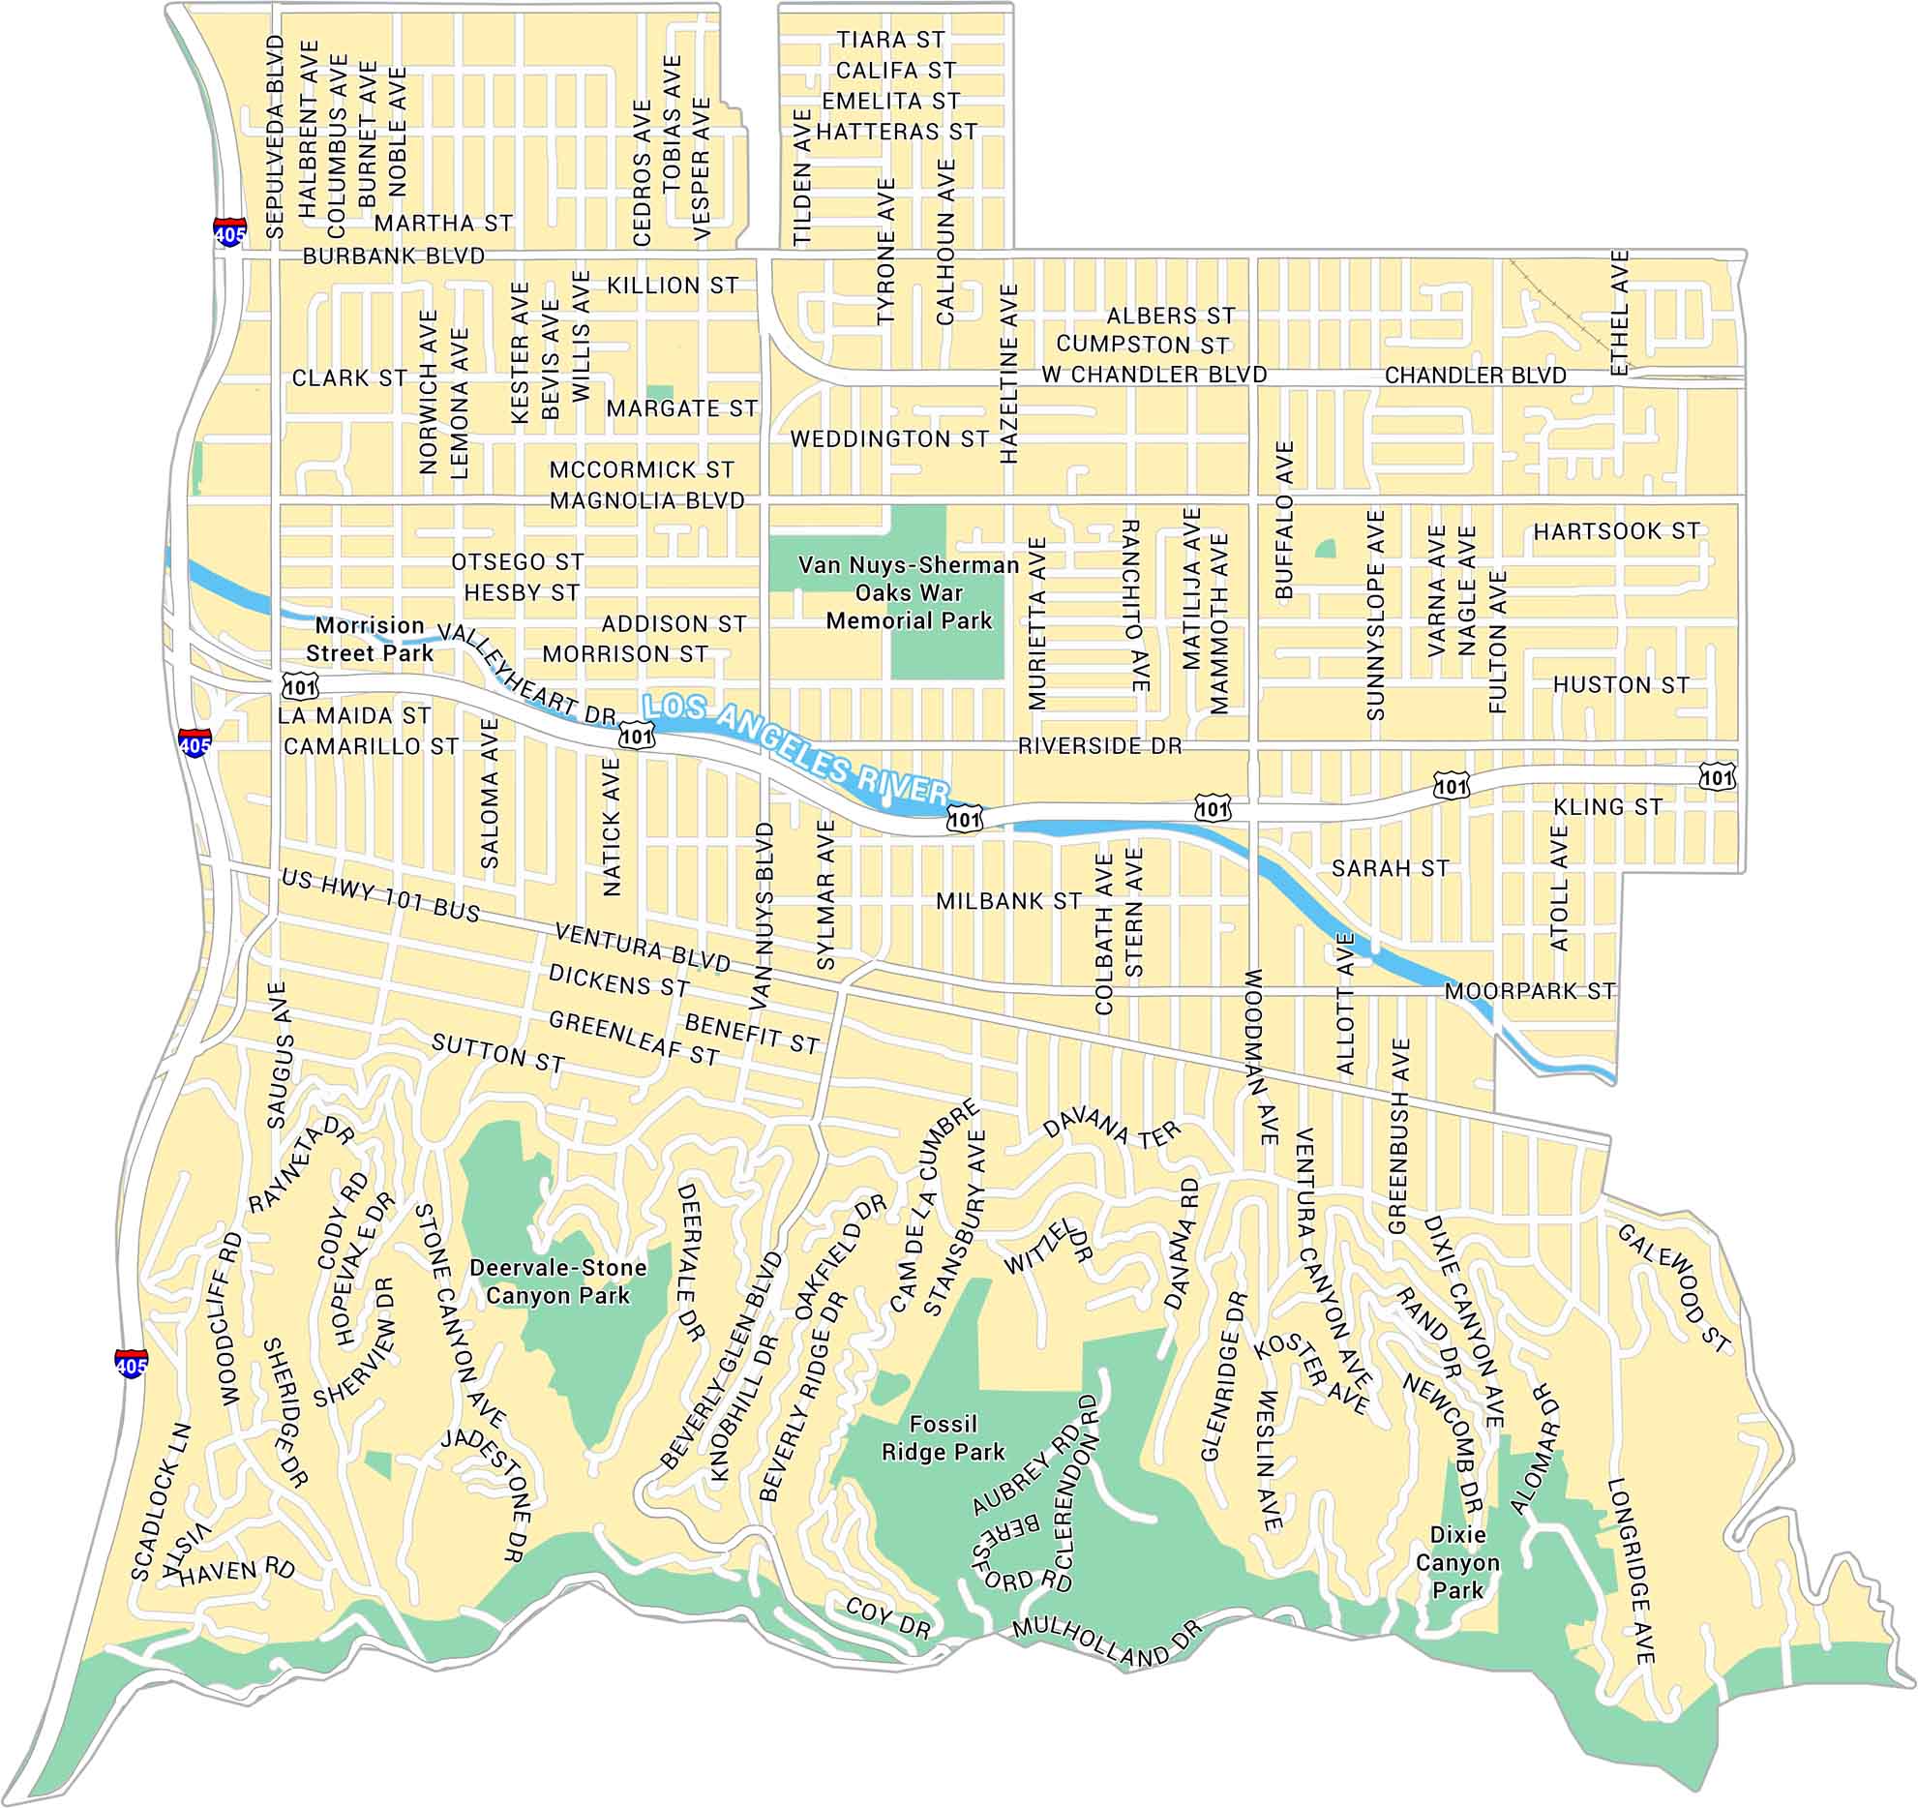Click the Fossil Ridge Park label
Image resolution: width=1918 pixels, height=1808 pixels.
(944, 1438)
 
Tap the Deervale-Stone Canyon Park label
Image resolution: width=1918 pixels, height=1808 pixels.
(557, 1281)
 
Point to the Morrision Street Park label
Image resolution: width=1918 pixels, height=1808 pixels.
(370, 639)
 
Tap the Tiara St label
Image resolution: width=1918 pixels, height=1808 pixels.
(890, 40)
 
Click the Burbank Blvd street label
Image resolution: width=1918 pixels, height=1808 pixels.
(394, 256)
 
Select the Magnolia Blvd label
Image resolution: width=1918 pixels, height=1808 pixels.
(647, 500)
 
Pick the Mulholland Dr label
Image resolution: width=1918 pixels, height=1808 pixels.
(1107, 1643)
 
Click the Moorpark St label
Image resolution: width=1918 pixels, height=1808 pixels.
(1530, 991)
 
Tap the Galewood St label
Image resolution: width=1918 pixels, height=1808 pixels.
(1673, 1288)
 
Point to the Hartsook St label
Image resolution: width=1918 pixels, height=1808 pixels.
(1616, 531)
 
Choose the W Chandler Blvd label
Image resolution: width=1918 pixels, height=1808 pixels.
(1154, 375)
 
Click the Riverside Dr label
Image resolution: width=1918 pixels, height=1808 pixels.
(1099, 746)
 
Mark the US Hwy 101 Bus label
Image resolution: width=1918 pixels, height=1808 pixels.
(380, 896)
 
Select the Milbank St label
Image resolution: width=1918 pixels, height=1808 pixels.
(1008, 901)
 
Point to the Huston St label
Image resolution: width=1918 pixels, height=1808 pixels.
(1621, 685)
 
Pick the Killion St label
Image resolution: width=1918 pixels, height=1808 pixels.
(673, 286)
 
